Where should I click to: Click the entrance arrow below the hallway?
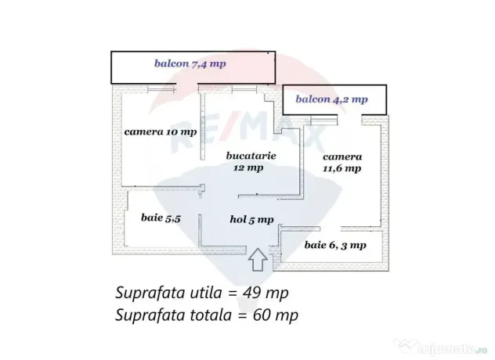click(x=258, y=259)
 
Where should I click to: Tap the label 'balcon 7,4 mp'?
click(x=190, y=63)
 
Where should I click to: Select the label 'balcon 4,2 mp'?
click(x=331, y=99)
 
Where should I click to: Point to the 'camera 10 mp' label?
click(x=161, y=132)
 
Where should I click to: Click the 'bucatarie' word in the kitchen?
click(x=251, y=156)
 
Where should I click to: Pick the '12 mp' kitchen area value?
click(x=248, y=167)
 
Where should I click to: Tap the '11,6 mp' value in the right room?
click(x=342, y=168)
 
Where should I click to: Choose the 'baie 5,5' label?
click(x=161, y=218)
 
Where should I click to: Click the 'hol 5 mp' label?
click(x=251, y=220)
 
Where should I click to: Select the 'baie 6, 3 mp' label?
click(x=335, y=245)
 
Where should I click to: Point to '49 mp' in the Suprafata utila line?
click(x=266, y=293)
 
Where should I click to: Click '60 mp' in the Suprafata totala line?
click(x=275, y=315)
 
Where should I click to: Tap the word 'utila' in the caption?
click(x=205, y=293)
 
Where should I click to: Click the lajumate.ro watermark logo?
click(x=440, y=347)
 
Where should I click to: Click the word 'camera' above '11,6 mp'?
click(x=342, y=157)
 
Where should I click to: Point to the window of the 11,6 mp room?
click(x=324, y=119)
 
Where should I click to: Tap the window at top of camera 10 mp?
click(x=161, y=88)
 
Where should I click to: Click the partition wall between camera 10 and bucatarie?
click(x=202, y=125)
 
